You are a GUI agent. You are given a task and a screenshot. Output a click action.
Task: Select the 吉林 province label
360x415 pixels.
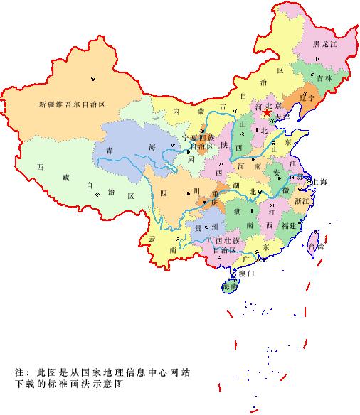tap(324, 77)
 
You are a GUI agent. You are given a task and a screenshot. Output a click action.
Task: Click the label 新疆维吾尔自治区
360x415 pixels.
tap(72, 104)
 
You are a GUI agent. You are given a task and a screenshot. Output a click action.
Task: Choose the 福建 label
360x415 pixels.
tap(288, 225)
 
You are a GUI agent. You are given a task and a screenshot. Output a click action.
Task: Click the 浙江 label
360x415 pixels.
tap(302, 201)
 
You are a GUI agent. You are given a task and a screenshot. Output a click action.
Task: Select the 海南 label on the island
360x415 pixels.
tap(229, 286)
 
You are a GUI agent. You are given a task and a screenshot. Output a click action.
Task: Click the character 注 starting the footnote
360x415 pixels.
tap(19, 372)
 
